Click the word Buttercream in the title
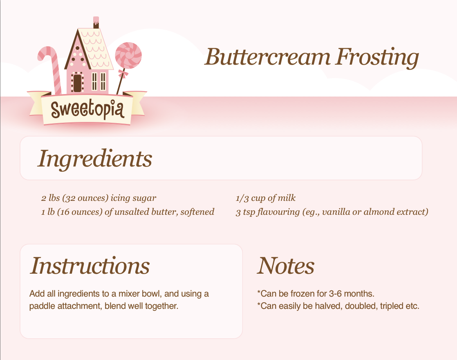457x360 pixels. point(268,57)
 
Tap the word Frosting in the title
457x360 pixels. point(377,58)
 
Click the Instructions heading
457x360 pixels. point(90,265)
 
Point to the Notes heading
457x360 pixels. point(286,265)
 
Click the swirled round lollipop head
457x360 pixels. point(128,55)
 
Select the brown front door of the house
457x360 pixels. point(77,83)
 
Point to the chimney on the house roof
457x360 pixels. point(96,22)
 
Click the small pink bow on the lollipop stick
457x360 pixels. point(123,74)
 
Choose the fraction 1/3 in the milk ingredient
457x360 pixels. point(242,198)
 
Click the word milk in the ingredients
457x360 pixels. point(287,198)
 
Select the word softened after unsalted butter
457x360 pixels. point(197,212)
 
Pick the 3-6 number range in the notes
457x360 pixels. point(335,293)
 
